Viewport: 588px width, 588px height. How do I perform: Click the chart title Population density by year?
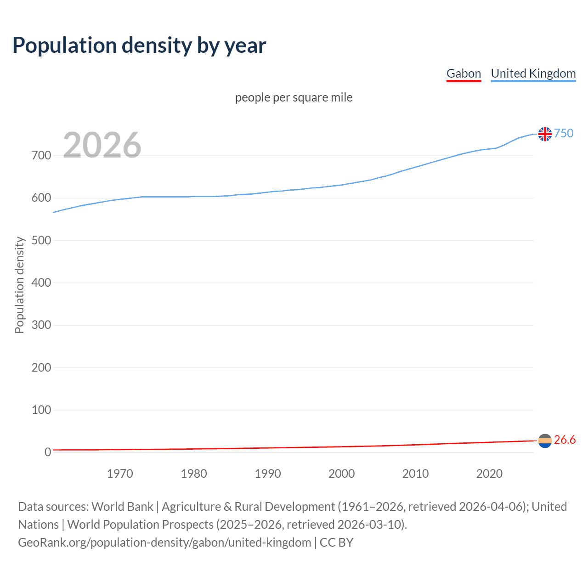(x=139, y=45)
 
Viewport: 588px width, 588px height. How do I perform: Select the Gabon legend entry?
(x=464, y=73)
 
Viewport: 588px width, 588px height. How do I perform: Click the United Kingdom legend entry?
(x=533, y=73)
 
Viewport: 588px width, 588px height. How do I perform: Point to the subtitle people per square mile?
(x=294, y=97)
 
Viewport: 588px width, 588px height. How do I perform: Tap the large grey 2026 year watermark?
(x=102, y=145)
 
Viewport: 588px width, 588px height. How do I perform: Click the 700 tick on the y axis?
(x=41, y=155)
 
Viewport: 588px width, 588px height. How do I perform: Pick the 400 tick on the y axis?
(x=41, y=283)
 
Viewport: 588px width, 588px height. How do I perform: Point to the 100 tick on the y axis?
(x=41, y=410)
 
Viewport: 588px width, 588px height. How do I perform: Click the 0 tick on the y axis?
(x=48, y=452)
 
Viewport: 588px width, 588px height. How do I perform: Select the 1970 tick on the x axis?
(x=120, y=474)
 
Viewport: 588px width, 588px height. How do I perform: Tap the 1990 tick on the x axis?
(x=268, y=474)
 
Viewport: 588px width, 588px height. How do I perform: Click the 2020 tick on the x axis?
(x=489, y=474)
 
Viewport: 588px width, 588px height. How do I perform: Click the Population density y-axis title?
(x=19, y=285)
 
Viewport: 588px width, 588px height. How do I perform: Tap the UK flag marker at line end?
(x=545, y=134)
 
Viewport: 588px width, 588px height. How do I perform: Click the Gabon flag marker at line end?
(x=545, y=441)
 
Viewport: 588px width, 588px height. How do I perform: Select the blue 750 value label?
(x=564, y=133)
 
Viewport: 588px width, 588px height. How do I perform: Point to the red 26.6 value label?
(x=565, y=440)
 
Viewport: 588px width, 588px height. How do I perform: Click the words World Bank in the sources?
(x=122, y=507)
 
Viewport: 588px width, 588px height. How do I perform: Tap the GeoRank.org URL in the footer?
(x=164, y=543)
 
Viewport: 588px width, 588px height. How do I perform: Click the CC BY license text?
(x=336, y=543)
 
